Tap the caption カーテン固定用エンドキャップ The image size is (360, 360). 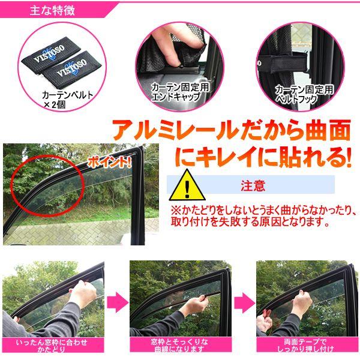[175, 92]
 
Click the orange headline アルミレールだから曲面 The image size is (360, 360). [227, 131]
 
